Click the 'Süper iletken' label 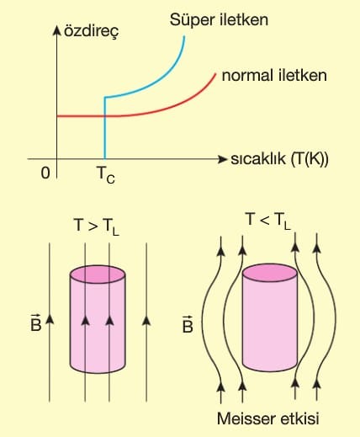(x=219, y=20)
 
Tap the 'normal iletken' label (x=274, y=76)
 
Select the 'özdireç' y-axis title (x=92, y=31)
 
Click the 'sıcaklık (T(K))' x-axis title (x=279, y=159)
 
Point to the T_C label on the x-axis (x=106, y=174)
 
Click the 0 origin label (x=45, y=173)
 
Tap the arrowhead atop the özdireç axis (x=57, y=30)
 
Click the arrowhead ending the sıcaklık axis (x=222, y=159)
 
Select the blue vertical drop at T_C (x=105, y=128)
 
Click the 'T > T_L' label (x=96, y=226)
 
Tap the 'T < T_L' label (x=267, y=221)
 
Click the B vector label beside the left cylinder (x=36, y=322)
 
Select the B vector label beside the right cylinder (x=188, y=324)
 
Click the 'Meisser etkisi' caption (x=268, y=418)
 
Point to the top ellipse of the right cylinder (x=270, y=273)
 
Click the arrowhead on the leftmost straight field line (x=50, y=319)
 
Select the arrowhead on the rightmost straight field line (x=146, y=320)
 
